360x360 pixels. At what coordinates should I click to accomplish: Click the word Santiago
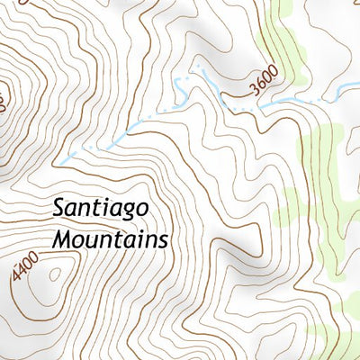101,209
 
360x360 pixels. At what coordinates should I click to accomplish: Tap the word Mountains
111,240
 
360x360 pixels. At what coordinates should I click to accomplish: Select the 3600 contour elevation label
262,80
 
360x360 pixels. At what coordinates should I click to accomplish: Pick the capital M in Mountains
62,240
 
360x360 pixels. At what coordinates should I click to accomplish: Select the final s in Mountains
164,241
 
